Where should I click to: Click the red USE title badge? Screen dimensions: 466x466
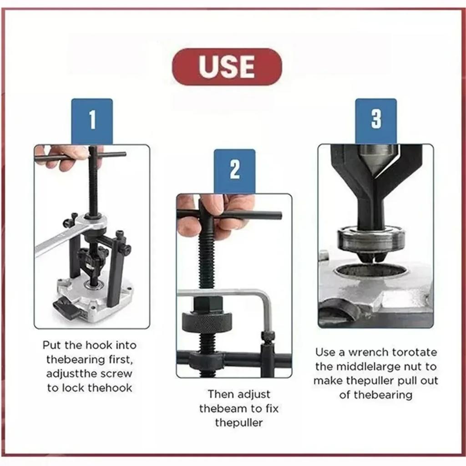click(x=227, y=67)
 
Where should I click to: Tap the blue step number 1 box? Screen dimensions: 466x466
click(x=92, y=121)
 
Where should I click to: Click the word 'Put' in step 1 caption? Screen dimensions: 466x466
click(x=51, y=345)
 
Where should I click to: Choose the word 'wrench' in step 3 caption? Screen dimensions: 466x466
click(x=363, y=352)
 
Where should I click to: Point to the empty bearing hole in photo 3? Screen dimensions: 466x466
click(x=370, y=272)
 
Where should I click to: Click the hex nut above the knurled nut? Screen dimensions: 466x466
click(x=208, y=304)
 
